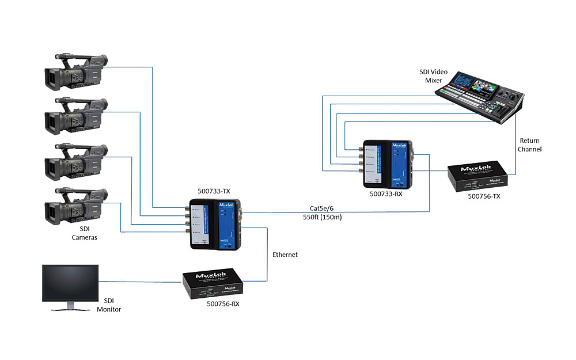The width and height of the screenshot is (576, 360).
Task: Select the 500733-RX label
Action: pyautogui.click(x=386, y=194)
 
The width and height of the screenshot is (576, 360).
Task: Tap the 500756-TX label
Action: pyautogui.click(x=485, y=196)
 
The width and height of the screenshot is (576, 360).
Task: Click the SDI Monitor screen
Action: pyautogui.click(x=70, y=283)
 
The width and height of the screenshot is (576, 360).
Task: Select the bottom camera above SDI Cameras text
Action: pyautogui.click(x=76, y=206)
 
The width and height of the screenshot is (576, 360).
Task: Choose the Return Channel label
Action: pyautogui.click(x=530, y=145)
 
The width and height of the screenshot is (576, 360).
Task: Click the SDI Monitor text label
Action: pyautogui.click(x=113, y=305)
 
